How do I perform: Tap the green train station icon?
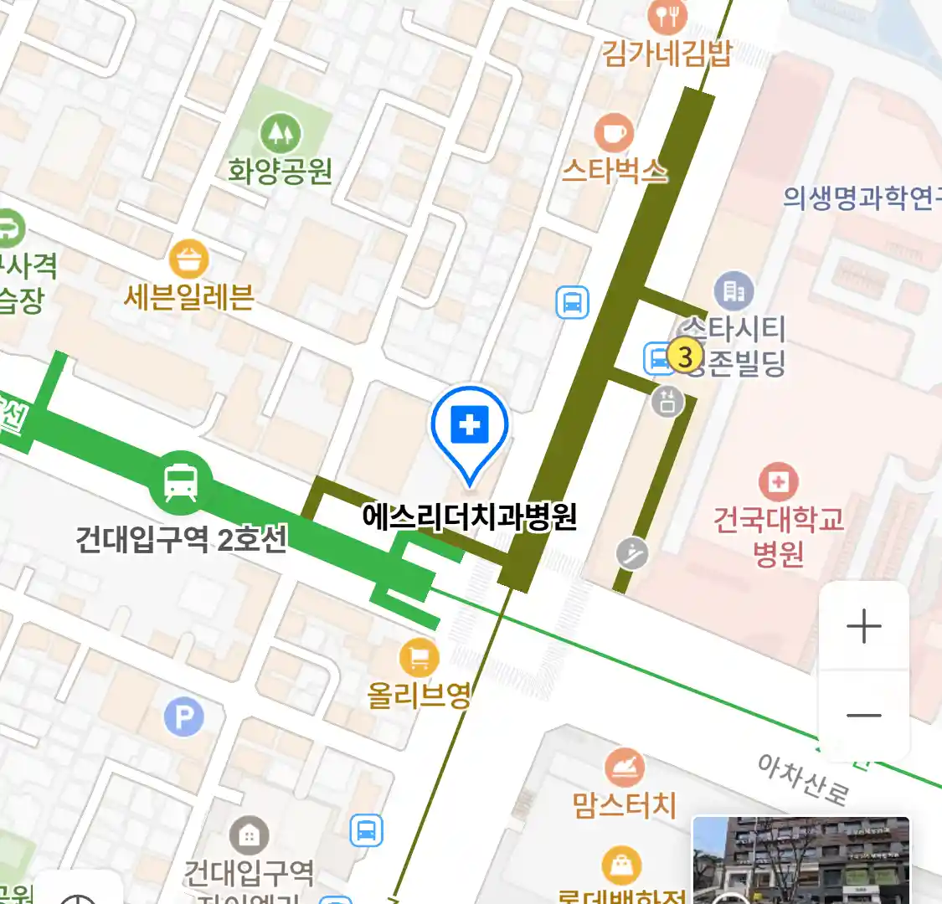click(x=181, y=481)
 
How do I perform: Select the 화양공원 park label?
click(x=281, y=172)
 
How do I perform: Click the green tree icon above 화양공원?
click(x=281, y=133)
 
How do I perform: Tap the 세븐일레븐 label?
click(x=189, y=297)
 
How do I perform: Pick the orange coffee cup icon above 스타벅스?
click(x=614, y=133)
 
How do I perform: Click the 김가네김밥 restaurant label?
click(x=667, y=53)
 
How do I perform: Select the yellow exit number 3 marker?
click(x=685, y=357)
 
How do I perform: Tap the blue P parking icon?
click(x=184, y=717)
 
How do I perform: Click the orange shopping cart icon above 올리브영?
click(x=420, y=658)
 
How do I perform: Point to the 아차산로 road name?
click(x=802, y=778)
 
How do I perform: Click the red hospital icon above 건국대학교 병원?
click(x=779, y=481)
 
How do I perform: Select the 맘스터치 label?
click(x=625, y=805)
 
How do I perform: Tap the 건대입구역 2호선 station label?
click(x=182, y=538)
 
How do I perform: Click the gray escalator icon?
click(x=632, y=553)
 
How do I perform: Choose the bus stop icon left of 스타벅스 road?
click(x=573, y=302)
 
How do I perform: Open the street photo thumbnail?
click(x=800, y=860)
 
